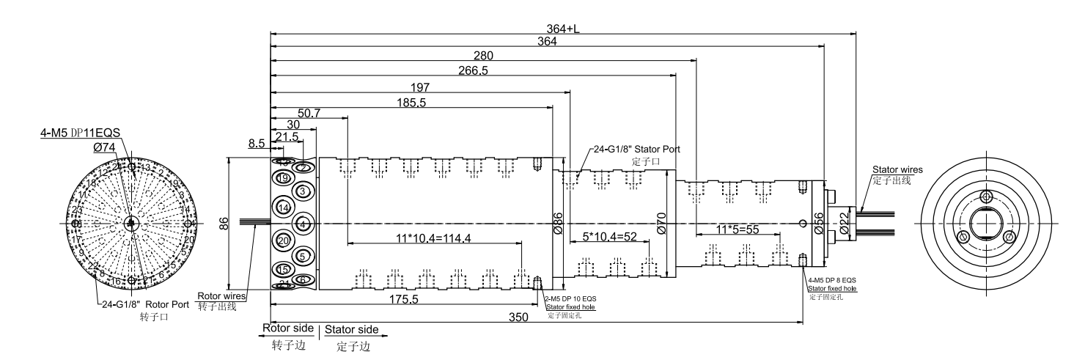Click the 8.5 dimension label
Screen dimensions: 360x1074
[x=257, y=144]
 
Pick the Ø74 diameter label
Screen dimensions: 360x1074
[x=106, y=147]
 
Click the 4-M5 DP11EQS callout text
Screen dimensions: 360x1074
[x=81, y=134]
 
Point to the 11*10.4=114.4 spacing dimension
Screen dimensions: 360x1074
[x=433, y=238]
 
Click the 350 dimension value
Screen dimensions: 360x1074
[x=520, y=317]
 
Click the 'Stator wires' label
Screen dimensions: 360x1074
[x=897, y=170]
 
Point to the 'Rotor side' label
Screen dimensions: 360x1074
[x=288, y=328]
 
